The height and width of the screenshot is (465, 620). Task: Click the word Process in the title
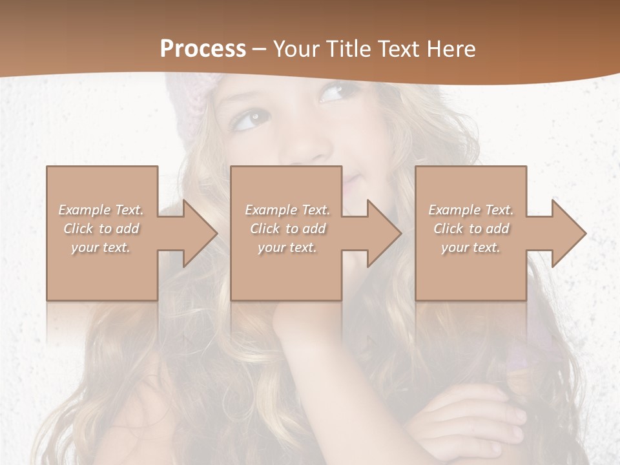pos(203,49)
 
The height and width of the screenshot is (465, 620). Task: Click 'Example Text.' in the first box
pos(101,210)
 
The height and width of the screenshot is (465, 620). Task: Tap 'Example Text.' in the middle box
pos(287,210)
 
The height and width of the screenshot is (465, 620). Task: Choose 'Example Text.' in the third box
pos(471,210)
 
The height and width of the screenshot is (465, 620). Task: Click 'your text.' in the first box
pos(101,247)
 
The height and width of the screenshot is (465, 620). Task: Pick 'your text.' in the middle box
pos(287,247)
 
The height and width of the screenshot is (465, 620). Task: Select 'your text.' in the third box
pos(470,247)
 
